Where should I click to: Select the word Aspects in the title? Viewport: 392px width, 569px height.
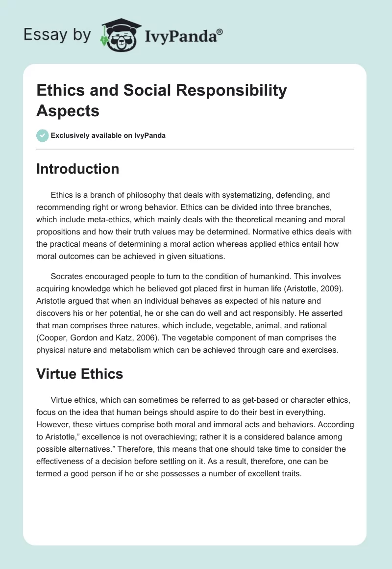click(x=68, y=111)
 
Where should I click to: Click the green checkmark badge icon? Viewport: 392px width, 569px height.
click(x=43, y=135)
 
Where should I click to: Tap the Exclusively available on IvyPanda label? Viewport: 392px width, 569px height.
click(x=108, y=135)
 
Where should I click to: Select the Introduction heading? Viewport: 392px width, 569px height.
click(x=77, y=169)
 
